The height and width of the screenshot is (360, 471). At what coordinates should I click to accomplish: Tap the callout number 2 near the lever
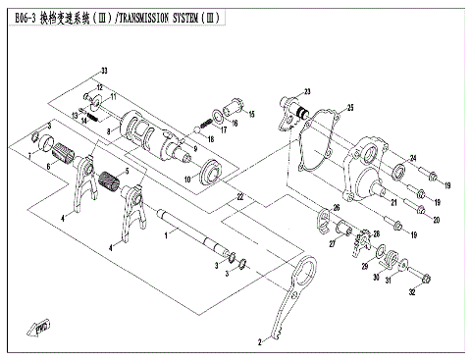pyautogui.click(x=260, y=343)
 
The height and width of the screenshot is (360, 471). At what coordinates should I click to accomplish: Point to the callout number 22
pyautogui.click(x=238, y=197)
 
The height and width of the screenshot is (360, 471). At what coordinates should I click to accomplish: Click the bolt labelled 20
pyautogui.click(x=420, y=207)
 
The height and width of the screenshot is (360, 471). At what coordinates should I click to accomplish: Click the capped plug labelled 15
pyautogui.click(x=235, y=106)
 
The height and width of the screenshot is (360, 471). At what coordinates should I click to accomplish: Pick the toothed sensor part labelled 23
pyautogui.click(x=291, y=106)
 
